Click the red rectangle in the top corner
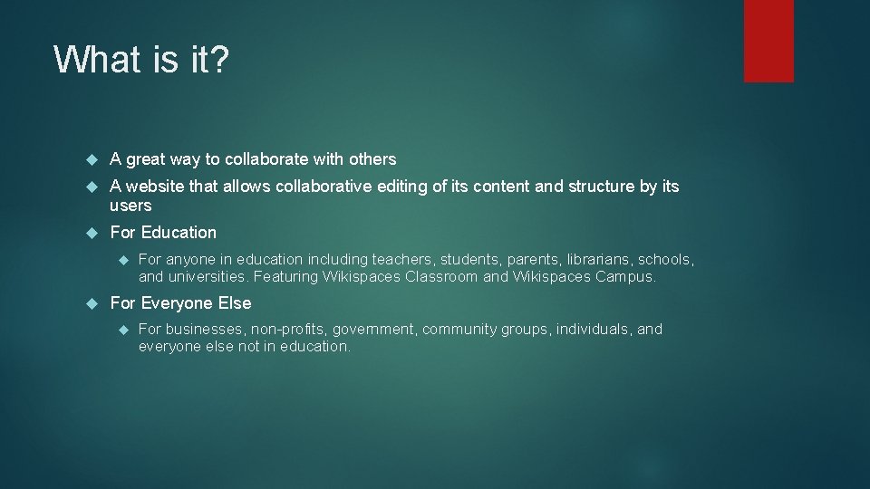coord(768,41)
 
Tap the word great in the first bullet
coord(146,159)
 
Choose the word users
coord(130,206)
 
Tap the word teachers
coord(404,260)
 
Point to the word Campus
coord(624,277)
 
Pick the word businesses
coord(206,330)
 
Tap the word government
coord(374,330)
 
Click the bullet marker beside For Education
coord(91,233)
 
